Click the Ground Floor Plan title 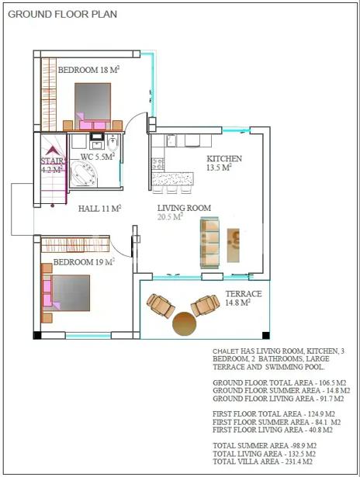(x=62, y=14)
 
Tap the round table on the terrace (x=185, y=323)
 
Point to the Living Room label (x=184, y=208)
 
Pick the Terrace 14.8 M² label (x=244, y=298)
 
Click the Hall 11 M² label (x=100, y=209)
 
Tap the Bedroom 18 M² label (x=88, y=70)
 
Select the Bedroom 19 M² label (x=84, y=262)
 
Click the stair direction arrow (x=52, y=150)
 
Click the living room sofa (x=209, y=243)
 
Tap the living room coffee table (x=233, y=245)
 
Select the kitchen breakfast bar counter (x=172, y=179)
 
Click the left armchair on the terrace (x=161, y=306)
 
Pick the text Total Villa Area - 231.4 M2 (x=262, y=461)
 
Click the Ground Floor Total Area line (x=279, y=382)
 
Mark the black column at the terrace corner (x=265, y=335)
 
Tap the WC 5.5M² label (x=98, y=157)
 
